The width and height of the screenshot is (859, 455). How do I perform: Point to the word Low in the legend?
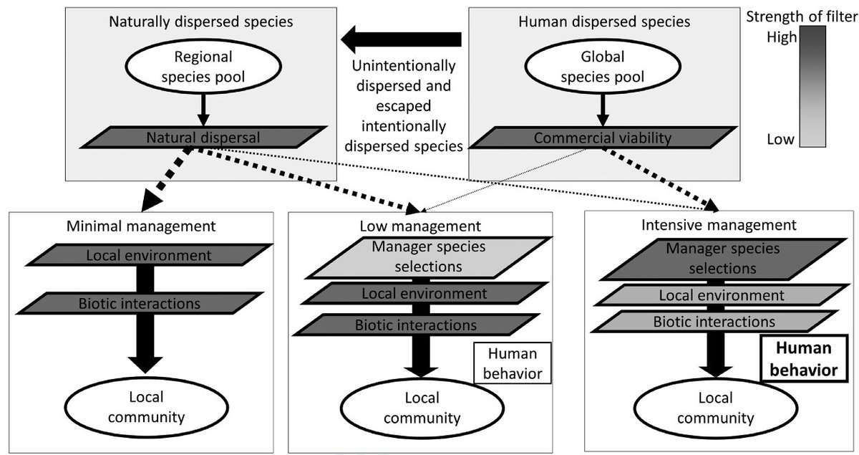click(x=782, y=139)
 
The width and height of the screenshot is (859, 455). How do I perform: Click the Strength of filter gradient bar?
click(x=812, y=86)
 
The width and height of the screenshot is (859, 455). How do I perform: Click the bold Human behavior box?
click(x=803, y=360)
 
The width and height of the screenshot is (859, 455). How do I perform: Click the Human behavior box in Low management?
click(x=510, y=364)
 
